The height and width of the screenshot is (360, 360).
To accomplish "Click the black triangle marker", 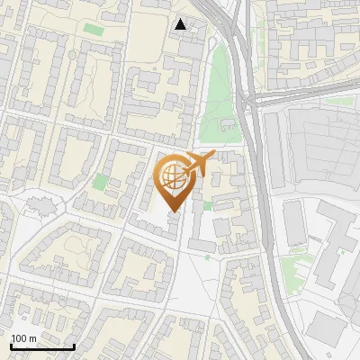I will point(181,24).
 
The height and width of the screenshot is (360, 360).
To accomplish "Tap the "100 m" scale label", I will point(23,338).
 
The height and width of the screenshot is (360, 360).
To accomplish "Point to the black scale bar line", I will point(42,346).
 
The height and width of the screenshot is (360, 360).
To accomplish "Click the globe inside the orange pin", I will point(173,177).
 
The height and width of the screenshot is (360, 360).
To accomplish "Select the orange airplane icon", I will point(198,164).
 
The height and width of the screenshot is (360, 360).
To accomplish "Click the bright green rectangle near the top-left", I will point(94,30).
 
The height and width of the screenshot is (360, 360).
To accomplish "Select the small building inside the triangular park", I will point(228,124).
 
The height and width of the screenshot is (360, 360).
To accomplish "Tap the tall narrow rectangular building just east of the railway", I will point(294,223).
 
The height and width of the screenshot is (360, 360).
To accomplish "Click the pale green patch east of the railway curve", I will point(292,266).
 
